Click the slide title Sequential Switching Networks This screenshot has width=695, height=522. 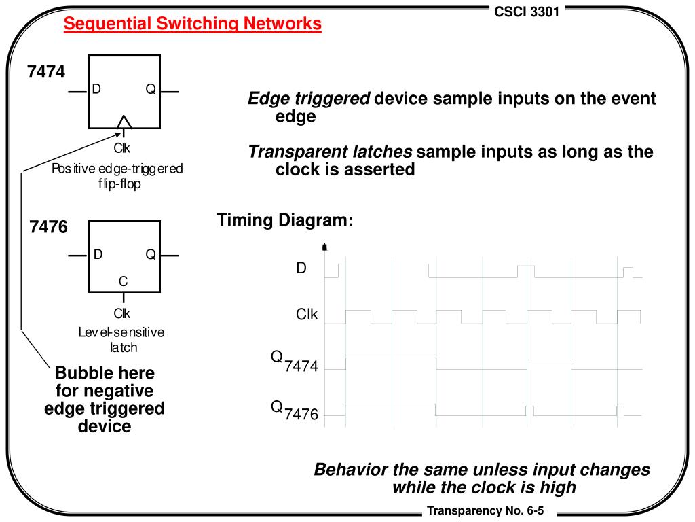click(x=193, y=24)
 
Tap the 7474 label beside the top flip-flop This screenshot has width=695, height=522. click(x=46, y=71)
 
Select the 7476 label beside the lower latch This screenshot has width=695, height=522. click(x=48, y=227)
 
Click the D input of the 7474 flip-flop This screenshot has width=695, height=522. click(x=96, y=90)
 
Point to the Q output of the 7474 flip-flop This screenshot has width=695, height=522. click(x=150, y=90)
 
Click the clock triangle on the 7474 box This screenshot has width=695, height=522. click(x=124, y=122)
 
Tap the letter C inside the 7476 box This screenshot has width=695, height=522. click(x=123, y=281)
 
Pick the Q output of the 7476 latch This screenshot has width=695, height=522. click(x=150, y=255)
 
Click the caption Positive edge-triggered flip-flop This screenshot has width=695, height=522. click(x=117, y=176)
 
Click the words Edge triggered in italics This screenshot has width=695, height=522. click(x=309, y=99)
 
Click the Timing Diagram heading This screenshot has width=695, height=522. click(x=285, y=221)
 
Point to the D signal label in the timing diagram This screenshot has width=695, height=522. click(x=301, y=268)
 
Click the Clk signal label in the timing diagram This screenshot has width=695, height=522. click(x=306, y=315)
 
